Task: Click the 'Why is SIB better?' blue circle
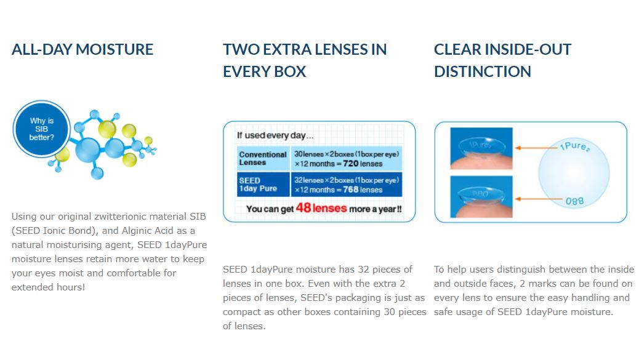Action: click(42, 129)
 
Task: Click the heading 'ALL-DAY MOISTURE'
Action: click(82, 50)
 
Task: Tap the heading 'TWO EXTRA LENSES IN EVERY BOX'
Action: click(305, 60)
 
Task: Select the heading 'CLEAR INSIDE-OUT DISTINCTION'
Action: click(502, 60)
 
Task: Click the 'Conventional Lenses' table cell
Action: click(263, 158)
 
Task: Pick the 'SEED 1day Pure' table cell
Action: click(263, 185)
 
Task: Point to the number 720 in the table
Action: click(350, 164)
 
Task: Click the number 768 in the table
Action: click(350, 190)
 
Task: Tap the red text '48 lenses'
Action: click(321, 208)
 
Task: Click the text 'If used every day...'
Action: click(275, 135)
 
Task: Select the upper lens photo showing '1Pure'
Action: click(481, 148)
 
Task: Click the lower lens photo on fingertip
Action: click(481, 197)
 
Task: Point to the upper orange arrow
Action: click(537, 148)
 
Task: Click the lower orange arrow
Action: click(538, 199)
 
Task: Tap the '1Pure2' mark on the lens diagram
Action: click(574, 146)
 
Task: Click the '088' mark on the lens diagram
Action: click(574, 201)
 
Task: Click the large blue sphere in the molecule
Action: click(87, 150)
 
